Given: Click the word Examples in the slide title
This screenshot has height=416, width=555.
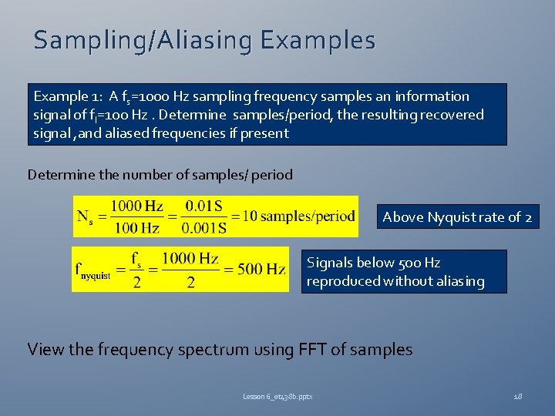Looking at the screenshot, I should pos(318,40).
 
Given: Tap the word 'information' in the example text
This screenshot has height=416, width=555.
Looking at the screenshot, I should pos(432,96).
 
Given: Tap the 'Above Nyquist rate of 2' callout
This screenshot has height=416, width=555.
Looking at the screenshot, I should pos(457,217).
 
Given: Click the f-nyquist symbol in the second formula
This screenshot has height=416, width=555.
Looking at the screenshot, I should pos(92,271).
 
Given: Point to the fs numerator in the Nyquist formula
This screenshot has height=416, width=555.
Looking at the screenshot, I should pos(136,258).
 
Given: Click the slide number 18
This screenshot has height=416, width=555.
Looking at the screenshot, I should pos(517,396).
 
